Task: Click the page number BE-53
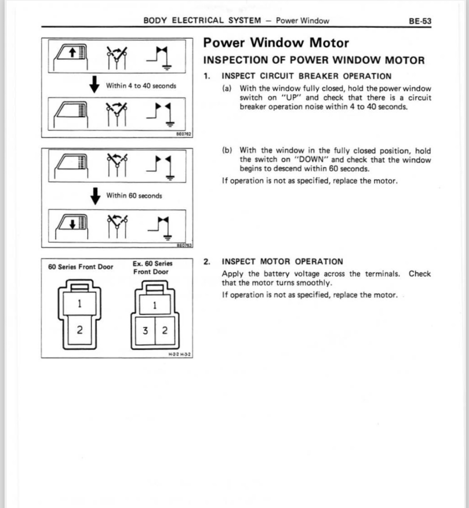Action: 420,21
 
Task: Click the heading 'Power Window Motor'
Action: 276,43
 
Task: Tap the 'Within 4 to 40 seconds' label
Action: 141,86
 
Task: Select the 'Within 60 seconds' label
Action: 134,196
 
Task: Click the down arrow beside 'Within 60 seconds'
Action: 95,196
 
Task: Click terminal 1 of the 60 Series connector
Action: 80,303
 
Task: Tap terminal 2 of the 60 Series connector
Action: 80,330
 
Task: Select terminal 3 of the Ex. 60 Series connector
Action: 145,331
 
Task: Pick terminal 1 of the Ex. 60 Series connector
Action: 155,305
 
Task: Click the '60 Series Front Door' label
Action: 80,267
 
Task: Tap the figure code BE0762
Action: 183,134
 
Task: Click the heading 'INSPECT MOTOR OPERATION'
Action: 282,262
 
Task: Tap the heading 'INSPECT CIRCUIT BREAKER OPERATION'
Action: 306,76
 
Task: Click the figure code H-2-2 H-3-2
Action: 179,355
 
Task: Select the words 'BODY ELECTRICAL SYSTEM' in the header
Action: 202,20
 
